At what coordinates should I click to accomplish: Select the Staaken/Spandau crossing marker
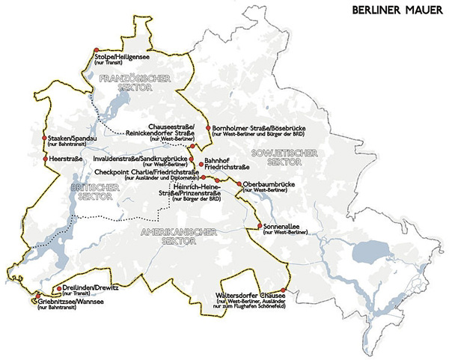pyautogui.click(x=45, y=139)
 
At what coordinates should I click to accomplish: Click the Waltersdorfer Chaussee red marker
pyautogui.click(x=284, y=290)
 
